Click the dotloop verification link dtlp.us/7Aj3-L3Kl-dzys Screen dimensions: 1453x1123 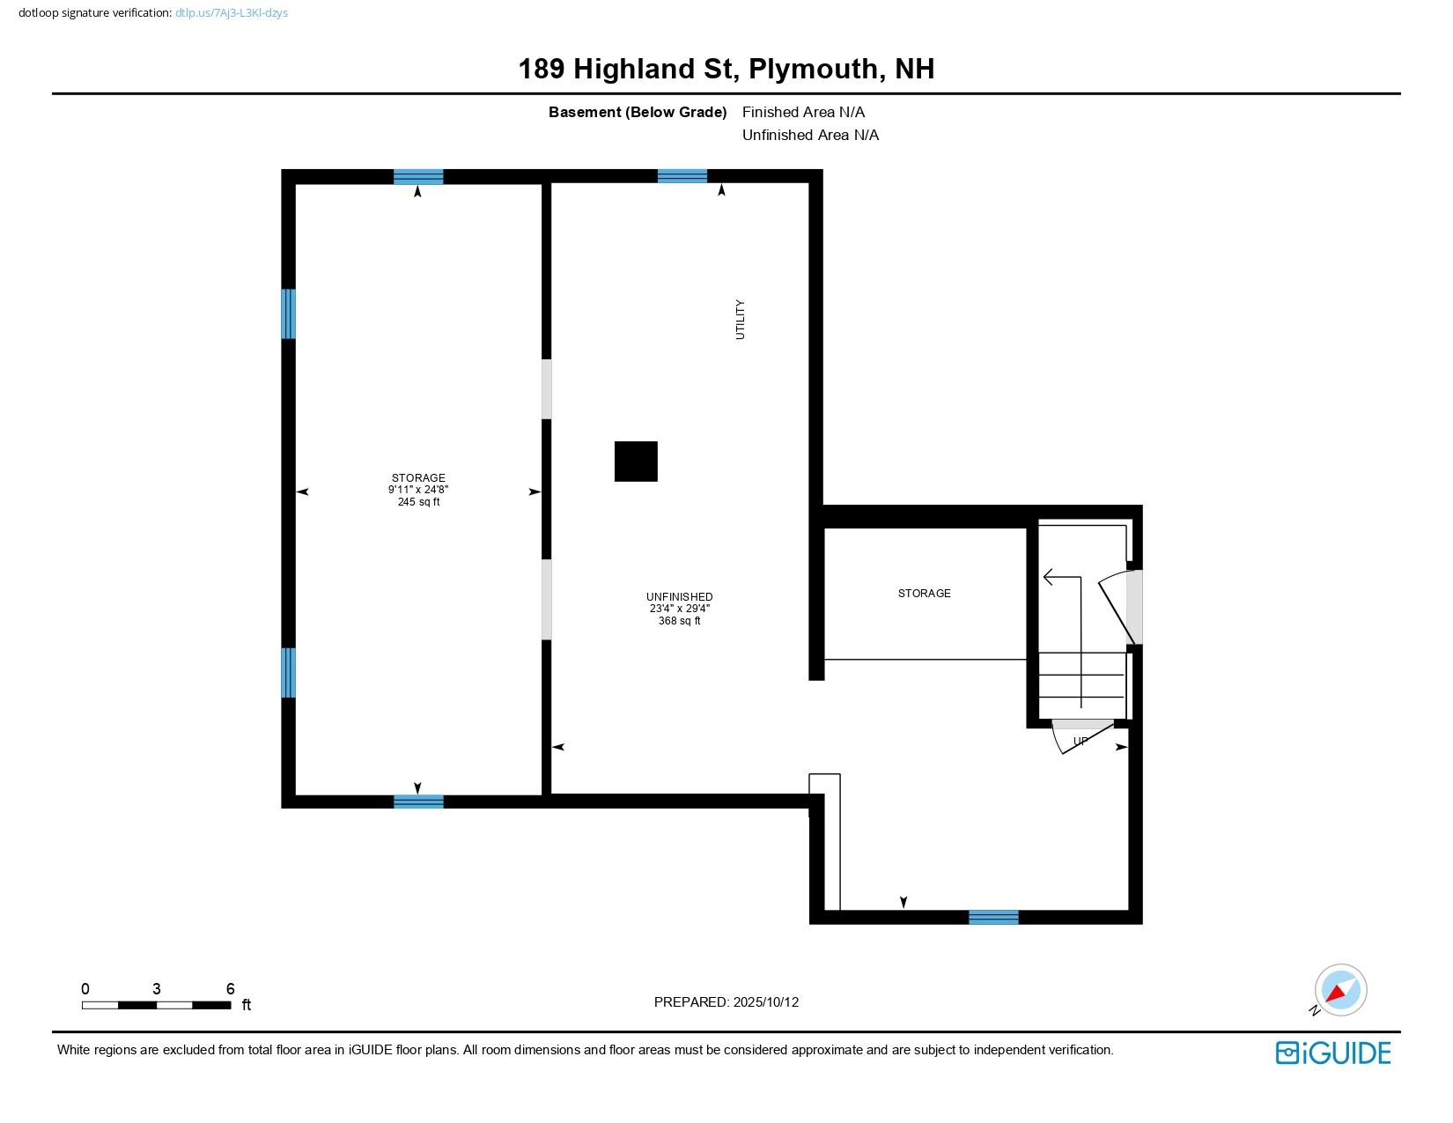coord(232,13)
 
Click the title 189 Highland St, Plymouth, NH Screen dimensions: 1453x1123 coord(726,69)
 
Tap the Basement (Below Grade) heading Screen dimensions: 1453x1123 coord(637,112)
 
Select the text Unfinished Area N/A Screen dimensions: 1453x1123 coord(810,135)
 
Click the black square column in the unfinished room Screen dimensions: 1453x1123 coord(636,462)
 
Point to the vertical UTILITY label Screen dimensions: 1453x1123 coord(740,320)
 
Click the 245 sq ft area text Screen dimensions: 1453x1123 coord(418,502)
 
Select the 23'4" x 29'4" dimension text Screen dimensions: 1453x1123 coord(679,609)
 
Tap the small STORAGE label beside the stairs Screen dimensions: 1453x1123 coord(924,594)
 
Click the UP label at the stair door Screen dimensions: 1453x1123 coord(1081,741)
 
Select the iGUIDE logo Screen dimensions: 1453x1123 coord(1333,1053)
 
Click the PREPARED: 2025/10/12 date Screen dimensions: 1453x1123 coord(726,1002)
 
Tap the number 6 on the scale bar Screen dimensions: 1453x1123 coord(231,989)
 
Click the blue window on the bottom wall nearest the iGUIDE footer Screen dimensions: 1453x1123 coord(993,918)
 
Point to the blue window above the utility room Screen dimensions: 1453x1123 coord(682,176)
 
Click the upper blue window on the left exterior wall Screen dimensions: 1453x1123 coord(288,314)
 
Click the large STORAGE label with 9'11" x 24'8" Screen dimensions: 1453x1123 coord(418,478)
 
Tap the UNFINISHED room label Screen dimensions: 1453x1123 coord(679,597)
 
